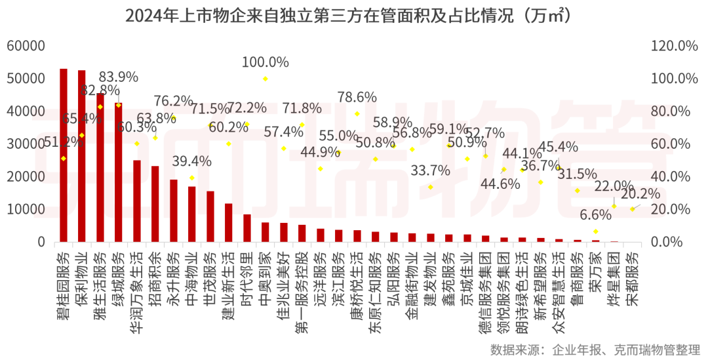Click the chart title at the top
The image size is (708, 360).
pyautogui.click(x=353, y=15)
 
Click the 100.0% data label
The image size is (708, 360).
pyautogui.click(x=265, y=62)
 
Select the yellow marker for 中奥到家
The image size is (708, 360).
pyautogui.click(x=265, y=79)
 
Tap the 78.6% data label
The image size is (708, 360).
pyautogui.click(x=357, y=97)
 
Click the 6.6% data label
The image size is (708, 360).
pyautogui.click(x=595, y=215)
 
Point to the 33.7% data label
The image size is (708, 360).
pyautogui.click(x=430, y=170)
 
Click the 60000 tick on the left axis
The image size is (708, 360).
pyautogui.click(x=26, y=46)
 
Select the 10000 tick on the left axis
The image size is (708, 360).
pyautogui.click(x=26, y=209)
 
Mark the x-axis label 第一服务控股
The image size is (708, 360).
pyautogui.click(x=302, y=289)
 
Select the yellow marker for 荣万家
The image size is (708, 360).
pyautogui.click(x=595, y=231)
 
